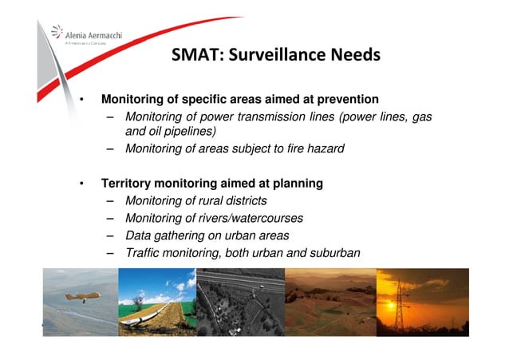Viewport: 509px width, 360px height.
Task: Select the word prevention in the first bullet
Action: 346,100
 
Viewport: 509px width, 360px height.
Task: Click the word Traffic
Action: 145,253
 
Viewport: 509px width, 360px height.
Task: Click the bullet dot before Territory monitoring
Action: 82,184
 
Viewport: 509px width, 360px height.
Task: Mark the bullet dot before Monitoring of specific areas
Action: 82,101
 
